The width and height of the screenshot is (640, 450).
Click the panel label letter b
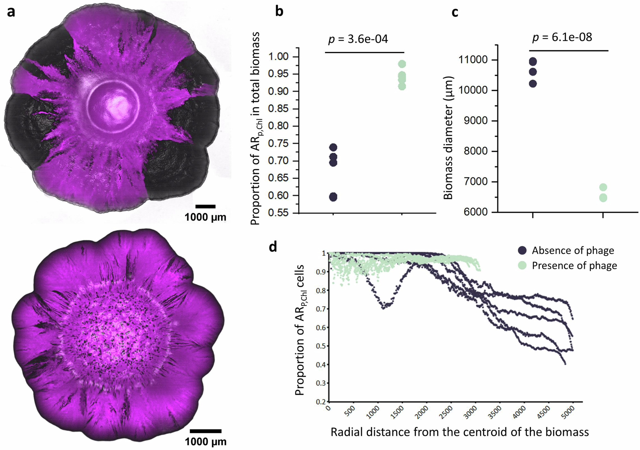click(279, 12)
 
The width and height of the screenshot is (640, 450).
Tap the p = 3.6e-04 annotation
click(358, 39)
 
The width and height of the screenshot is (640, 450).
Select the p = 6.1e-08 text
click(562, 37)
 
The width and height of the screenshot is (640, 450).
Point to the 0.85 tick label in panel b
click(278, 108)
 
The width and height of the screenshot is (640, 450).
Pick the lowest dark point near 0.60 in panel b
click(333, 197)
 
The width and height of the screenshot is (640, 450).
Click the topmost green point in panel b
click(402, 64)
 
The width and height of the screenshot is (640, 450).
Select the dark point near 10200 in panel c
click(533, 84)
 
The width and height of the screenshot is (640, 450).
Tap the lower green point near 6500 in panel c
click(603, 198)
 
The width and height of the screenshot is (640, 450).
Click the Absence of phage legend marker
click(522, 250)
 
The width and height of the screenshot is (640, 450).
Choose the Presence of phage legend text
click(574, 266)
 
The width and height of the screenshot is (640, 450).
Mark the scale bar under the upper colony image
click(205, 206)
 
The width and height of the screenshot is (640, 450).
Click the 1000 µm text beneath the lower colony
click(205, 442)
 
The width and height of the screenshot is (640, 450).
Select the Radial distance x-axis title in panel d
click(460, 432)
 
